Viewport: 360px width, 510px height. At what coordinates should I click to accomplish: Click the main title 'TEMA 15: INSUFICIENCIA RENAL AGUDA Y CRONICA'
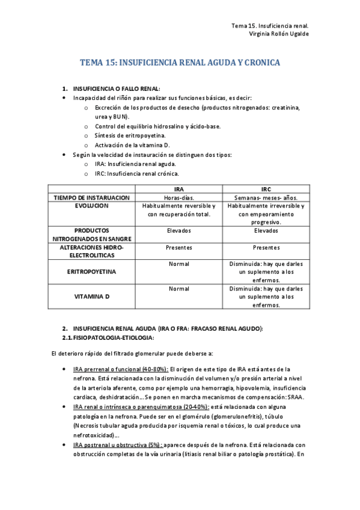tap(180, 63)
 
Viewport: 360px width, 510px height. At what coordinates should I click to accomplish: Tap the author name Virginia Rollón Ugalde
tap(279, 34)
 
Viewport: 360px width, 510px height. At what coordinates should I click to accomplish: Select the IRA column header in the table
tap(178, 189)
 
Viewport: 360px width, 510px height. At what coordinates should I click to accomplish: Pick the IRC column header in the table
tap(266, 189)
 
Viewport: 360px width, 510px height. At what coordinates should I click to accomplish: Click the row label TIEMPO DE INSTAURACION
tap(92, 197)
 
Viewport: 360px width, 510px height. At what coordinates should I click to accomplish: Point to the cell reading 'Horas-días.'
tap(178, 197)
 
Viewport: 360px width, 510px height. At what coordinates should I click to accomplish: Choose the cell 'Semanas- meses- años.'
tap(266, 197)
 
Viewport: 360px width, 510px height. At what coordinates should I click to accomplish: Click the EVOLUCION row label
tap(92, 206)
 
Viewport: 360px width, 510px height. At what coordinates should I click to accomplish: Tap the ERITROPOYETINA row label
tap(92, 272)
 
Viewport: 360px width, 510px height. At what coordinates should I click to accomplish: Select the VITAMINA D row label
tap(92, 296)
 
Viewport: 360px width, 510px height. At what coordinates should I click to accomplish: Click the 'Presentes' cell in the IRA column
tap(178, 247)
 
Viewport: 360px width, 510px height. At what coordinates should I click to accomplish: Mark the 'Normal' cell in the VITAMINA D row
tap(178, 289)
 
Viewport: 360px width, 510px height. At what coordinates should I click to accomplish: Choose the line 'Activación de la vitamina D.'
tap(132, 145)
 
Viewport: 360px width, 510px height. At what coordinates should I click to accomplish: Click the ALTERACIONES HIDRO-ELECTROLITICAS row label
tap(92, 251)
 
